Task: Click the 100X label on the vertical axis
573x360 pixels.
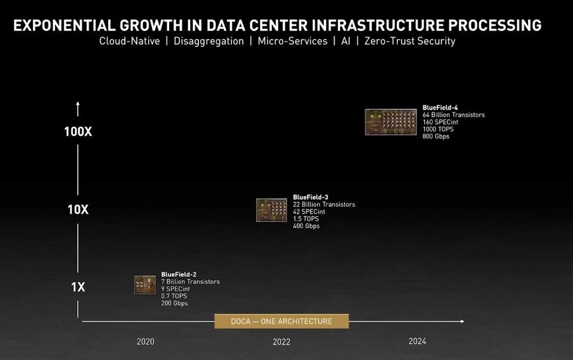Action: [x=78, y=132]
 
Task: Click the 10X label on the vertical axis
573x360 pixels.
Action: [x=78, y=209]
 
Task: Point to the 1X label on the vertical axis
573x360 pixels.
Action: [x=78, y=287]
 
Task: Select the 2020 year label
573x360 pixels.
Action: [x=145, y=341]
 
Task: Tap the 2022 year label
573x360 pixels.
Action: [x=281, y=341]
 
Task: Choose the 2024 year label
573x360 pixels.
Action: [x=417, y=341]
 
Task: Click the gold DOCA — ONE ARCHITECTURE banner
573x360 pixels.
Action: [x=281, y=321]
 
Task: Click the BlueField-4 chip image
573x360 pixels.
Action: [x=391, y=122]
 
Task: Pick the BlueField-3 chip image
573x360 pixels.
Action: [x=271, y=210]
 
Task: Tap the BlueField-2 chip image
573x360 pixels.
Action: [x=145, y=285]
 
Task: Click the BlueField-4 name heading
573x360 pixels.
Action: [x=440, y=108]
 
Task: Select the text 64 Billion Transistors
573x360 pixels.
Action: [x=454, y=115]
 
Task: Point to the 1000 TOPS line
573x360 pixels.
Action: [x=438, y=129]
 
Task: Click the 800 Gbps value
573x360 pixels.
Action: [x=436, y=136]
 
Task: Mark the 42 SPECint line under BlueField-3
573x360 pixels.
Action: [x=309, y=212]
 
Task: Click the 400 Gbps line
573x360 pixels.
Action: [x=306, y=226]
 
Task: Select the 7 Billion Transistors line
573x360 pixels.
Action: [x=190, y=282]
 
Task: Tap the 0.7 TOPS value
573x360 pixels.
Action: [x=174, y=296]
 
